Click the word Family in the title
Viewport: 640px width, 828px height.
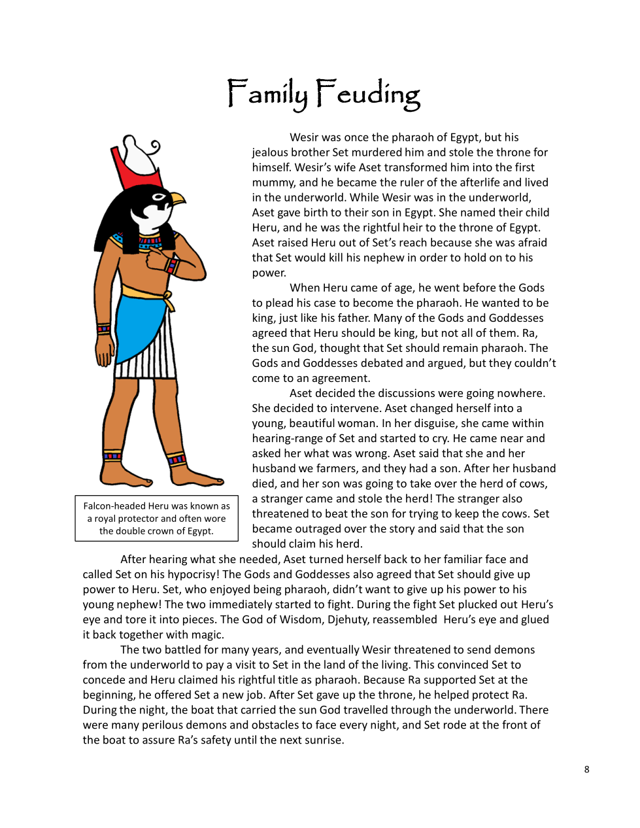pos(267,94)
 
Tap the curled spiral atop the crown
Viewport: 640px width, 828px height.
pos(154,146)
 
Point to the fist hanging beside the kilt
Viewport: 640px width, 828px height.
pos(105,354)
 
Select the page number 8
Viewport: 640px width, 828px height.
pos(586,770)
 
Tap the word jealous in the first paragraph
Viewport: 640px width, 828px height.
pos(271,152)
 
